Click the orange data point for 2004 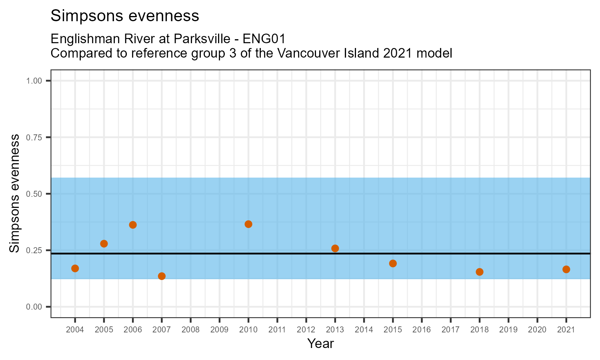[x=75, y=268]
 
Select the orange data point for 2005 [x=104, y=244]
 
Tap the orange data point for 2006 [x=133, y=225]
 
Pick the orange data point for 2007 [x=162, y=276]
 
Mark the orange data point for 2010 [x=248, y=224]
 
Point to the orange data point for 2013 [x=335, y=248]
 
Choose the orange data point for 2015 [x=393, y=263]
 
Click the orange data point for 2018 [x=480, y=272]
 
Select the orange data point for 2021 [x=566, y=269]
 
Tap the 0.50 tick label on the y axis [x=34, y=194]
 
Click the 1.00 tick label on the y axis [x=34, y=81]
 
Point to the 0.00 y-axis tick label [x=34, y=307]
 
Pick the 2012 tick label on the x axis [x=306, y=330]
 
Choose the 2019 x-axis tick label [x=508, y=330]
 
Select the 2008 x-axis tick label [x=190, y=330]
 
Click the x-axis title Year [x=320, y=344]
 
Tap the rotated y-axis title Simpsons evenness [x=14, y=194]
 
